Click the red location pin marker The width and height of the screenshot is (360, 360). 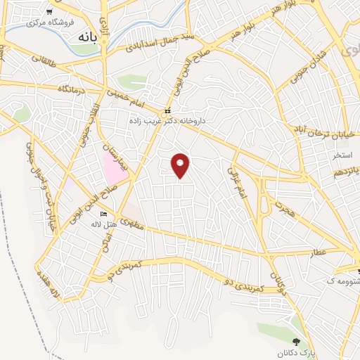coord(181,165)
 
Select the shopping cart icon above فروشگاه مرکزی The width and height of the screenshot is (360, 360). coord(49,13)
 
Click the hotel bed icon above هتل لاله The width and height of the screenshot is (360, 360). coord(104,214)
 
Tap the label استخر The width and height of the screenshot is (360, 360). coord(343,153)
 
